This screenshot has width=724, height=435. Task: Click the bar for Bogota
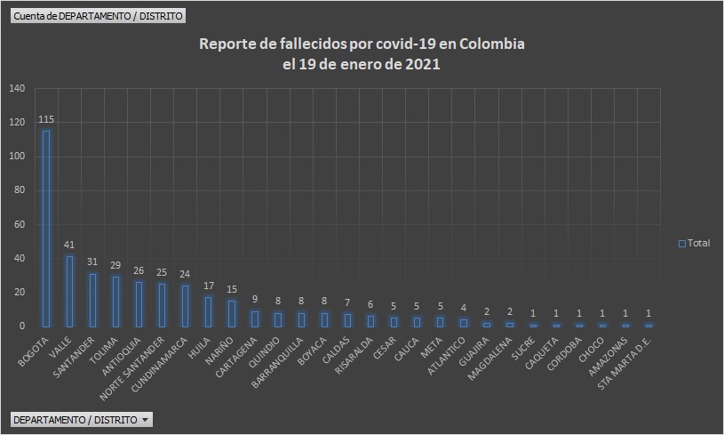point(46,229)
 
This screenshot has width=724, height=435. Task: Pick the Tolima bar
point(115,302)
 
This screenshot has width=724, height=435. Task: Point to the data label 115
point(46,120)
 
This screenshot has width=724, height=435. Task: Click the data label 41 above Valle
point(69,246)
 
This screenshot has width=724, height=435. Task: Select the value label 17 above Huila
point(208,286)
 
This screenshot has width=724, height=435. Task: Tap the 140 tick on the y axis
point(18,88)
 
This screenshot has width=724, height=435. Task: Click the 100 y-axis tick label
point(18,157)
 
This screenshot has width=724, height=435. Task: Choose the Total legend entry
point(695,243)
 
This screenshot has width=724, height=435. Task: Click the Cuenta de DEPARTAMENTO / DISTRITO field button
point(98,16)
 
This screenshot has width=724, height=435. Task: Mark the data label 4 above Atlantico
point(462,309)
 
